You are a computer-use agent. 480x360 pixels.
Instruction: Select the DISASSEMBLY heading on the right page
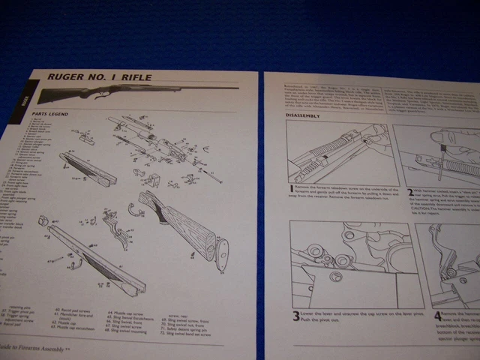pyautogui.click(x=303, y=115)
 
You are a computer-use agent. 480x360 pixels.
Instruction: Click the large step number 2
pyautogui.click(x=410, y=193)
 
